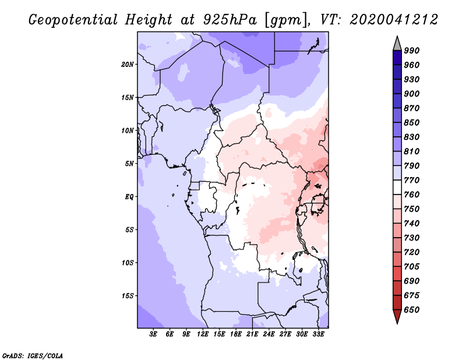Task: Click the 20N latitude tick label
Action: [128, 65]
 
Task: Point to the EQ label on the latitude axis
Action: [129, 197]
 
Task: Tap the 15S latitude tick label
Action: [128, 296]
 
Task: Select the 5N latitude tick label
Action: [129, 164]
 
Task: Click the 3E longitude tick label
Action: [153, 334]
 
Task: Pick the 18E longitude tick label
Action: [236, 334]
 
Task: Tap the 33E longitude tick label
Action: [318, 334]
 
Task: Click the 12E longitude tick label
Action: [203, 334]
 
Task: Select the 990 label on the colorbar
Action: [412, 51]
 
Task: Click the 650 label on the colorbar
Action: [412, 310]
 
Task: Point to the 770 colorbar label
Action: [412, 180]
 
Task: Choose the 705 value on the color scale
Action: [412, 267]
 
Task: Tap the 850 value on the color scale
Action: [412, 122]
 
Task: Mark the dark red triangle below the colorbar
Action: [397, 316]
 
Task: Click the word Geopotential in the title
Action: [73, 20]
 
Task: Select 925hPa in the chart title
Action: [230, 20]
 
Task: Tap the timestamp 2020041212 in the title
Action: [394, 20]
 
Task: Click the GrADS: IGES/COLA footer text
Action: [33, 356]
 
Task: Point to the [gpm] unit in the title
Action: [287, 20]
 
